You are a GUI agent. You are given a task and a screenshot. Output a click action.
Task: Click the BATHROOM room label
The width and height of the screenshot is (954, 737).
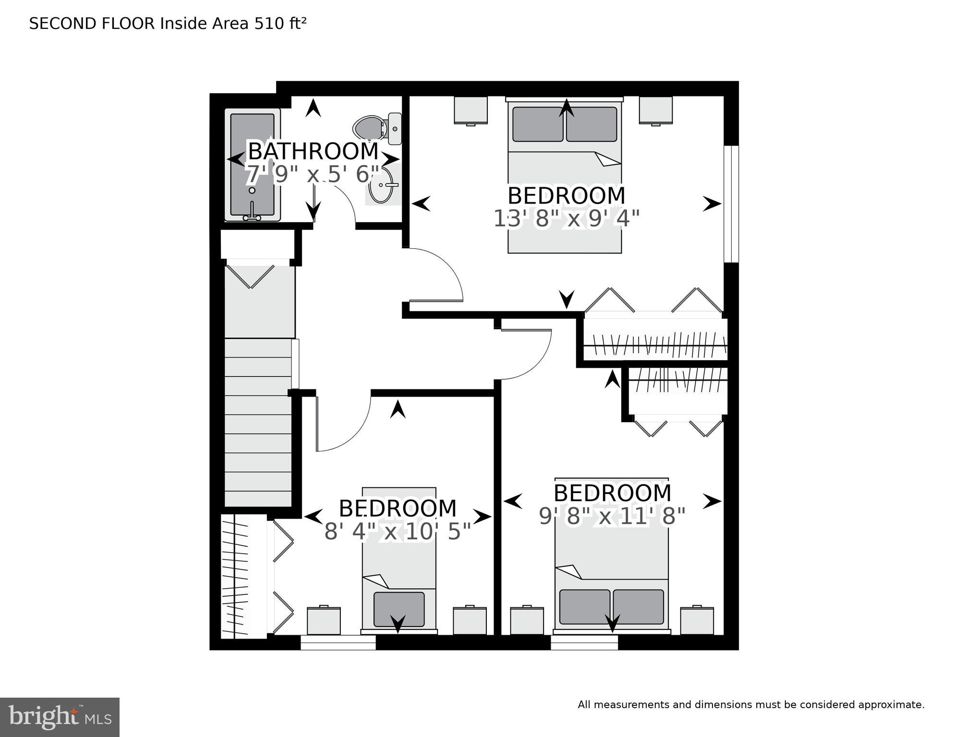(x=313, y=151)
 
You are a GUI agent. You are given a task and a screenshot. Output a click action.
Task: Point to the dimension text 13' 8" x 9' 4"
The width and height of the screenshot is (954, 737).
(x=567, y=219)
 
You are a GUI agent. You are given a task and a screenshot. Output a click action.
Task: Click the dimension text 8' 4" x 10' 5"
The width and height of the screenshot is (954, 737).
(x=397, y=532)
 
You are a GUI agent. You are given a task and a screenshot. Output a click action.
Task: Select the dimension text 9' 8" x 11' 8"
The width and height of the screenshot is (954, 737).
(x=612, y=517)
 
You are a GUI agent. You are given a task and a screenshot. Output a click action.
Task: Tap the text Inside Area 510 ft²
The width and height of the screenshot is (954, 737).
(x=233, y=24)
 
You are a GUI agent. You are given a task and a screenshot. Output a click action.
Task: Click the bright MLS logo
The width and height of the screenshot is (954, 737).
(x=60, y=717)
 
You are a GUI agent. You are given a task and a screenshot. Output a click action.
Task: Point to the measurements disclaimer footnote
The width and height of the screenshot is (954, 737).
(x=751, y=705)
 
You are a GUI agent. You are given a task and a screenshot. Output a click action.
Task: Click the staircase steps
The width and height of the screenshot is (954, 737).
(x=258, y=423)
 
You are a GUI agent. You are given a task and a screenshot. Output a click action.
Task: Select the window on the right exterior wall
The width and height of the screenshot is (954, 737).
(x=731, y=204)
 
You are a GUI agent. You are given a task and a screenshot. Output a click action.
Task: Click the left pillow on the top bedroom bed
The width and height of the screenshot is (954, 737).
(x=538, y=124)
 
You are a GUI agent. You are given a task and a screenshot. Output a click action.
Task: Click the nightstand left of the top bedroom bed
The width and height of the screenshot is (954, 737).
(x=471, y=110)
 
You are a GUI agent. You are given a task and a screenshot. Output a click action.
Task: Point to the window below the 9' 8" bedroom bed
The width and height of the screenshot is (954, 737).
(x=584, y=642)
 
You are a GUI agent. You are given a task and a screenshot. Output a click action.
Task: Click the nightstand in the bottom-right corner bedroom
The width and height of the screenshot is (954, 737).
(x=697, y=621)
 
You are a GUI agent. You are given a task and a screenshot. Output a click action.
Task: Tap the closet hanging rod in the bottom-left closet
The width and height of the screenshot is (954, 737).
(x=235, y=576)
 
